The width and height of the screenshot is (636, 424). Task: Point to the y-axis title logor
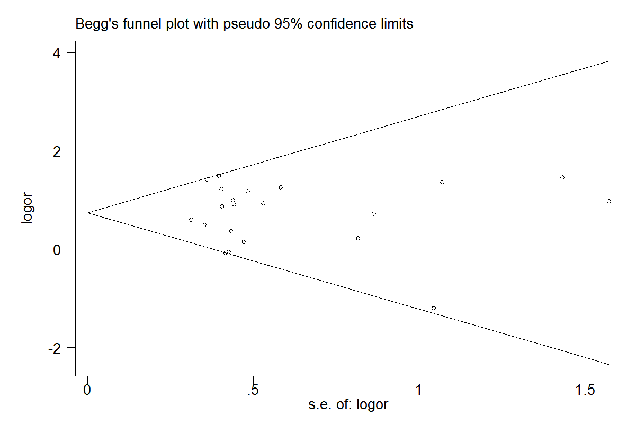27,209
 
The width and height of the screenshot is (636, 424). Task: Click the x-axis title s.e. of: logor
348,405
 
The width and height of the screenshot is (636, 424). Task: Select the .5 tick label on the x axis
253,391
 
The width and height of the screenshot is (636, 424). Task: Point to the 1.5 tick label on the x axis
584,391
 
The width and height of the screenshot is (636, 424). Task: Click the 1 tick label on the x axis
419,391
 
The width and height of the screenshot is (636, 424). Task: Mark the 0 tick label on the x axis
88,391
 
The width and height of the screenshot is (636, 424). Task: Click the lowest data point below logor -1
434,308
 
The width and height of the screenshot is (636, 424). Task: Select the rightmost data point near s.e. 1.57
609,201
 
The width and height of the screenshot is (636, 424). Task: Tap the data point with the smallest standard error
191,220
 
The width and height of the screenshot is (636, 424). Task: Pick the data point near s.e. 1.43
562,177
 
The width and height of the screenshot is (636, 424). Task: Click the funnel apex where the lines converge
88,213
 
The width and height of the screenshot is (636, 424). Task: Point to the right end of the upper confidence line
609,61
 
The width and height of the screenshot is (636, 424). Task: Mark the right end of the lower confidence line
609,364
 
